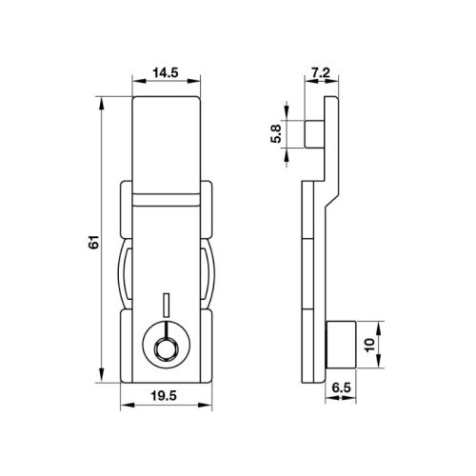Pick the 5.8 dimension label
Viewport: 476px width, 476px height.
276,134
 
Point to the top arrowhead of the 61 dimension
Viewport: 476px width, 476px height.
101,100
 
